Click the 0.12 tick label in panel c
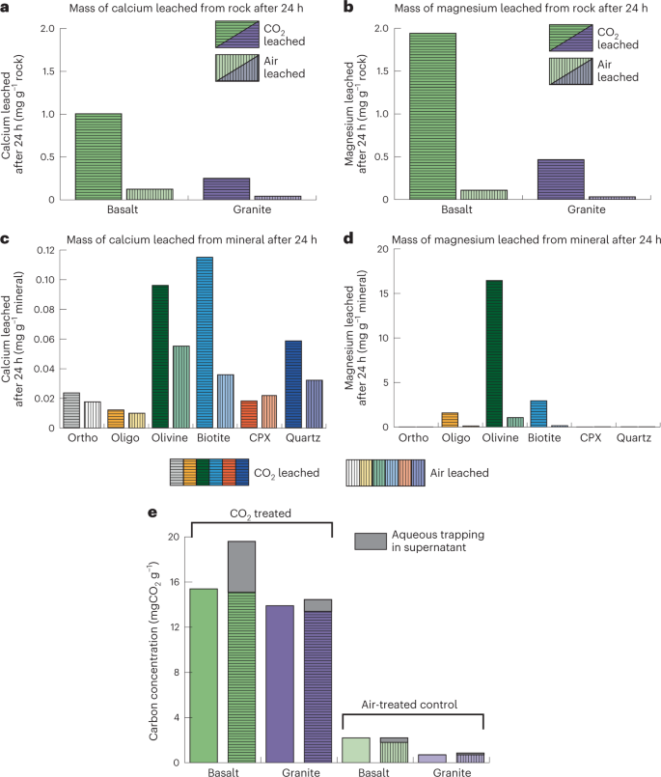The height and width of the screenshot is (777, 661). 43,250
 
